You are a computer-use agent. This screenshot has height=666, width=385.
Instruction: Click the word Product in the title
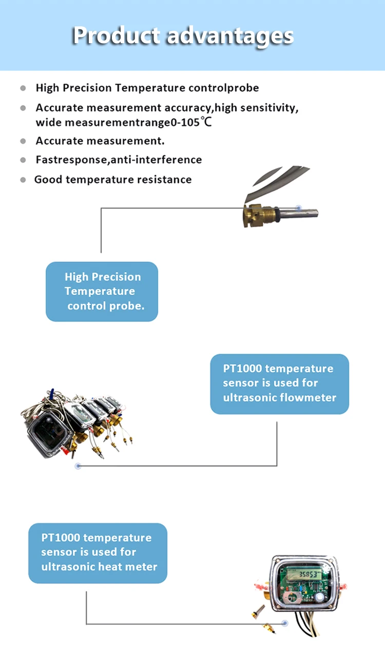coord(116,35)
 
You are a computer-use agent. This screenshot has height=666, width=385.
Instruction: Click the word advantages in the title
coord(230,35)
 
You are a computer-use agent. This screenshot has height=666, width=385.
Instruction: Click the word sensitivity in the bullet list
coord(268,108)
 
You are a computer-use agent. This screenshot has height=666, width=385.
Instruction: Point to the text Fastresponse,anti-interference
coord(119,160)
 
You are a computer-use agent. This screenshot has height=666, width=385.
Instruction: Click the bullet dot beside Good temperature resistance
coord(23,180)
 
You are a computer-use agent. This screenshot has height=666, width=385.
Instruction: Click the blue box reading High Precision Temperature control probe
coord(102,292)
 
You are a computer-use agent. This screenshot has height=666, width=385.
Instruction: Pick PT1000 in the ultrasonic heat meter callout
coord(61,538)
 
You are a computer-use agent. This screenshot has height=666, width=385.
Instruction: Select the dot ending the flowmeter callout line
coord(78,466)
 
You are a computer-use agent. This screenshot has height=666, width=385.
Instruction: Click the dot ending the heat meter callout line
coord(285,623)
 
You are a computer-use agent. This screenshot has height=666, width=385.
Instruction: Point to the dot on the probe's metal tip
coord(299,208)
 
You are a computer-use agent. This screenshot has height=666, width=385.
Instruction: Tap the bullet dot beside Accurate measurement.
coord(23,141)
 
